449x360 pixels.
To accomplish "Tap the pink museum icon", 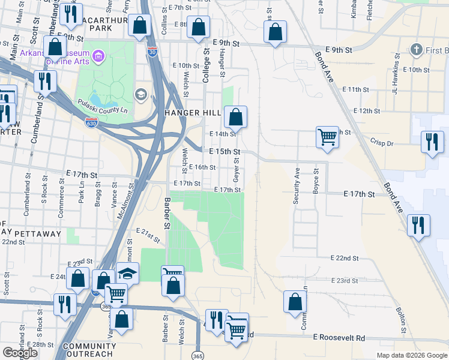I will (x=100, y=58).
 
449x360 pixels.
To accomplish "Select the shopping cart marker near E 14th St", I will (x=327, y=136).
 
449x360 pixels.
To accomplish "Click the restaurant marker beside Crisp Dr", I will (x=432, y=142).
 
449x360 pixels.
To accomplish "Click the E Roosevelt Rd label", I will (x=339, y=338).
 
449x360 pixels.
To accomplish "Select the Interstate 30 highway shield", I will (x=152, y=52).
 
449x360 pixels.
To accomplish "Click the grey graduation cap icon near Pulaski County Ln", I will (x=141, y=94).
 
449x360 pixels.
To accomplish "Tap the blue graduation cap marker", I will (x=127, y=273).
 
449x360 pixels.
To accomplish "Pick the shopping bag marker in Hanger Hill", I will (x=236, y=116).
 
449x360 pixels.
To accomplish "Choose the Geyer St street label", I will (x=236, y=168).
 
